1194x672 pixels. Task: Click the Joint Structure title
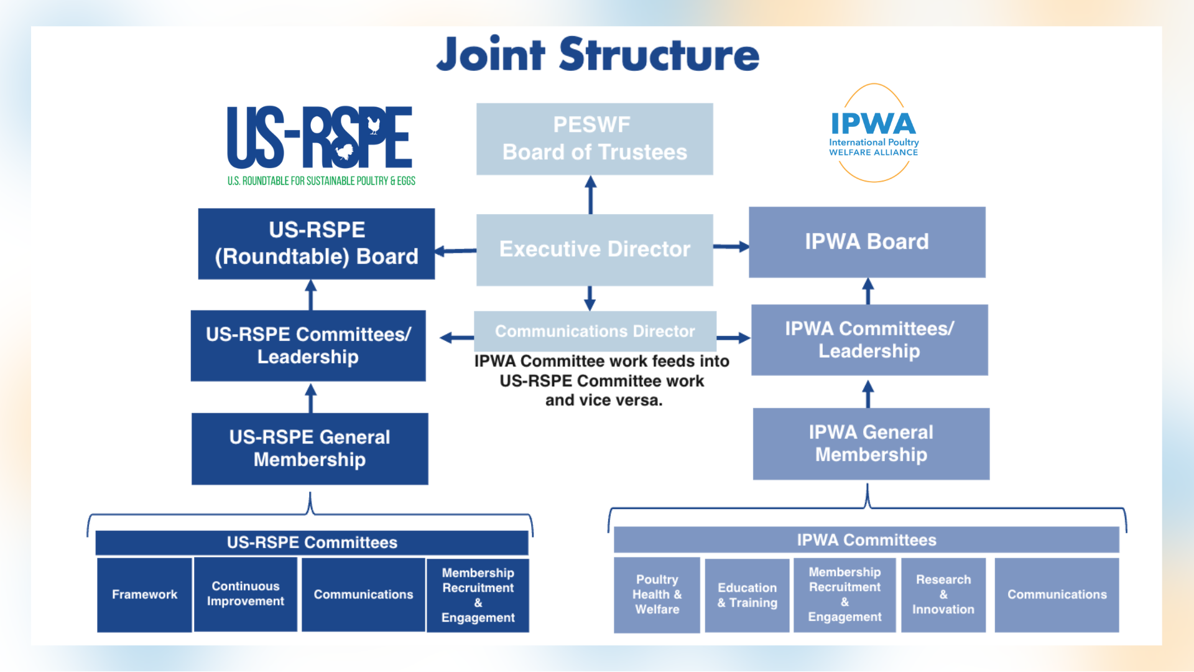(x=598, y=55)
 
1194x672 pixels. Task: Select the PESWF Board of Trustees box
(x=595, y=139)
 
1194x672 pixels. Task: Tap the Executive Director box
(x=595, y=250)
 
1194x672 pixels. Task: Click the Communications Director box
(x=595, y=331)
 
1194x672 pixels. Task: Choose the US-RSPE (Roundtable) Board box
(x=316, y=243)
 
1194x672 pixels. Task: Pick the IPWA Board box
(x=867, y=242)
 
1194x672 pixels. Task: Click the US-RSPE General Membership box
(x=310, y=449)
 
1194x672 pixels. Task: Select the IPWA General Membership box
(x=871, y=444)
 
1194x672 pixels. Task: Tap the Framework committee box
(x=144, y=595)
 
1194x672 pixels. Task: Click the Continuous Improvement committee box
(x=246, y=594)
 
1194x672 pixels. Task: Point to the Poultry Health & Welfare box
(x=657, y=595)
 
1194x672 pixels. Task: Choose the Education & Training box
(x=747, y=595)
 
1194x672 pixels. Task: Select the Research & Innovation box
(x=943, y=595)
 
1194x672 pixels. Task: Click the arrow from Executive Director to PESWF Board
(x=591, y=194)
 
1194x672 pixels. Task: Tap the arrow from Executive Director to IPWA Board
(x=731, y=247)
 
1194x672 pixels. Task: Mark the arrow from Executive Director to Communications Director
(x=590, y=298)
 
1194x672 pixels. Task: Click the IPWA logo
(x=874, y=133)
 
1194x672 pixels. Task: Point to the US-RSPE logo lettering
(x=319, y=138)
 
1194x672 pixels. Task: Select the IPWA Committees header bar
(x=866, y=540)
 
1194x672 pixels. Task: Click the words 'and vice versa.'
(x=604, y=401)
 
